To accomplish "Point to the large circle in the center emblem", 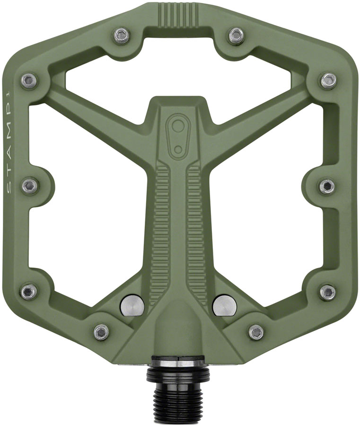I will tap(177, 127).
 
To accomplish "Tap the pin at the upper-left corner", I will tap(29, 80).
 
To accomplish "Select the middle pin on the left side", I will tap(29, 185).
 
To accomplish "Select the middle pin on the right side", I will tap(326, 185).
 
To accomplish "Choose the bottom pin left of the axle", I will tap(101, 331).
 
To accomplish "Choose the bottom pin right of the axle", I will tap(255, 331).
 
